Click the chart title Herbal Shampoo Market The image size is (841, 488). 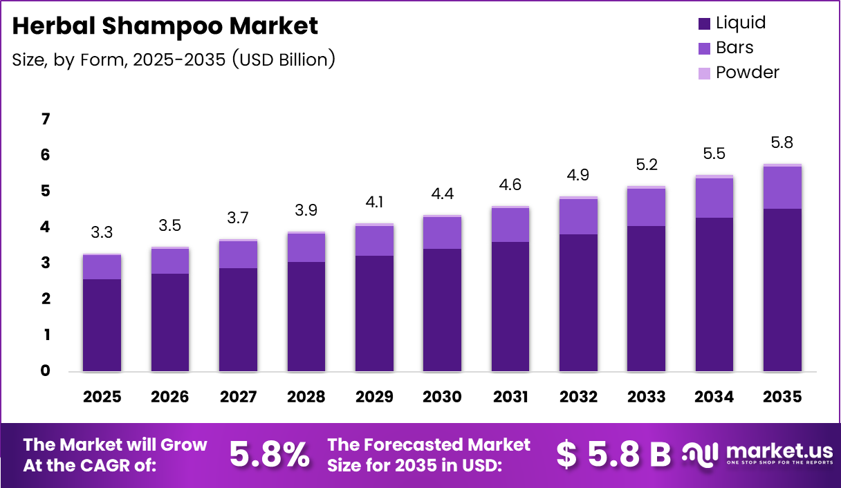[165, 26]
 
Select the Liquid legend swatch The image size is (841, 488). [705, 24]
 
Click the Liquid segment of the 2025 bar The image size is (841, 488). [102, 325]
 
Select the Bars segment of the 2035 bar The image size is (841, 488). [782, 187]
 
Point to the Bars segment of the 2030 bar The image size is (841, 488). [442, 232]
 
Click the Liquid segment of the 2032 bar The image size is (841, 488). [578, 303]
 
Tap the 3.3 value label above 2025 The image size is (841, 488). [102, 233]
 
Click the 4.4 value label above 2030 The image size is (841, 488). [442, 194]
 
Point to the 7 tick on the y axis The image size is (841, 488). [46, 120]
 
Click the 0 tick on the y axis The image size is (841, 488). [46, 371]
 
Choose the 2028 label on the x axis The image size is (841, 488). [306, 397]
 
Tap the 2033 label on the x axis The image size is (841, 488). [646, 397]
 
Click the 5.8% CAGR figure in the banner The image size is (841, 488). [269, 454]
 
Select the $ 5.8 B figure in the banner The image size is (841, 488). [613, 454]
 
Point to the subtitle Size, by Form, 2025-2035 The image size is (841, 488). [174, 59]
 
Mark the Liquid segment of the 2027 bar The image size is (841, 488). [238, 319]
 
